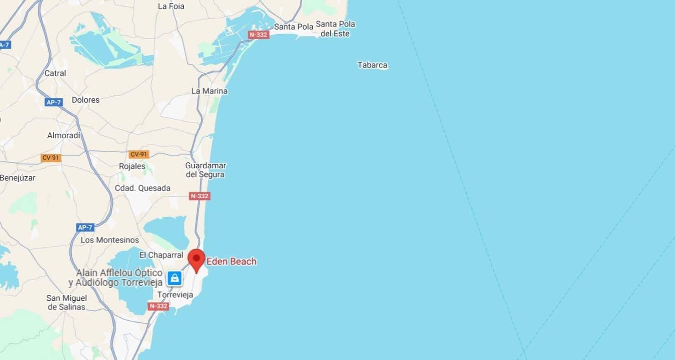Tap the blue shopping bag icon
pyautogui.click(x=174, y=278)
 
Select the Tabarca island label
pyautogui.click(x=372, y=65)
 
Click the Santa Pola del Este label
pyautogui.click(x=335, y=29)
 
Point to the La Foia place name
pyautogui.click(x=171, y=6)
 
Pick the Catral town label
pyautogui.click(x=55, y=73)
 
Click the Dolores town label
pyautogui.click(x=85, y=100)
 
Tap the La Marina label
pyautogui.click(x=209, y=91)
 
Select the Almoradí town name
pyautogui.click(x=64, y=135)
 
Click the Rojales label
pyautogui.click(x=132, y=166)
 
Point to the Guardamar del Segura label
pyautogui.click(x=205, y=170)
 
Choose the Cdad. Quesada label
pyautogui.click(x=143, y=188)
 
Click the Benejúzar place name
pyautogui.click(x=18, y=178)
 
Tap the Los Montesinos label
pyautogui.click(x=110, y=240)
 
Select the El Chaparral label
pyautogui.click(x=161, y=255)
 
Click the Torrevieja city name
pyautogui.click(x=175, y=295)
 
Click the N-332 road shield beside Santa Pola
pyautogui.click(x=259, y=35)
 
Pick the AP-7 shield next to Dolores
pyautogui.click(x=53, y=102)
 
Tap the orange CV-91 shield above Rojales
pyautogui.click(x=139, y=154)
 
